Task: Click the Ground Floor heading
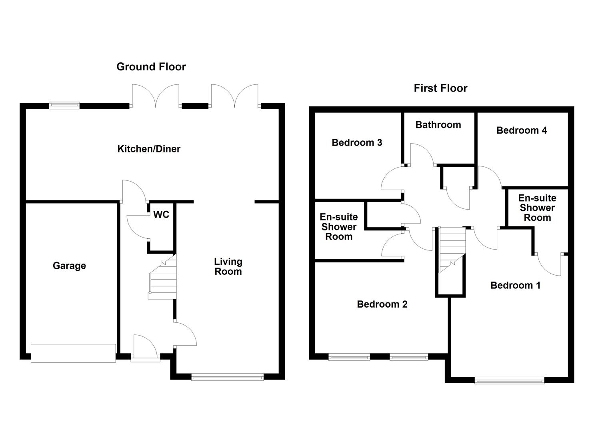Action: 151,67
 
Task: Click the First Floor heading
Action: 440,88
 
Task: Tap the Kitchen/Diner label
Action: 149,149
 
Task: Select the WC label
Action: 161,215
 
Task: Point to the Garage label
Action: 69,266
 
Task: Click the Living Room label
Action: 228,267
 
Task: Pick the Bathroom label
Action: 438,125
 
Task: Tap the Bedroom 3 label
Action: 357,143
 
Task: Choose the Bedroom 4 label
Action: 521,130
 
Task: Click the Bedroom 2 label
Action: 382,304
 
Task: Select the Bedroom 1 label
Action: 515,286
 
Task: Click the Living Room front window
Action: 227,376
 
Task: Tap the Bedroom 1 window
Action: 509,380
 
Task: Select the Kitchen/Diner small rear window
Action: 64,105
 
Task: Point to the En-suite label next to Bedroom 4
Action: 537,208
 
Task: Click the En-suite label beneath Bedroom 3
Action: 338,227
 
